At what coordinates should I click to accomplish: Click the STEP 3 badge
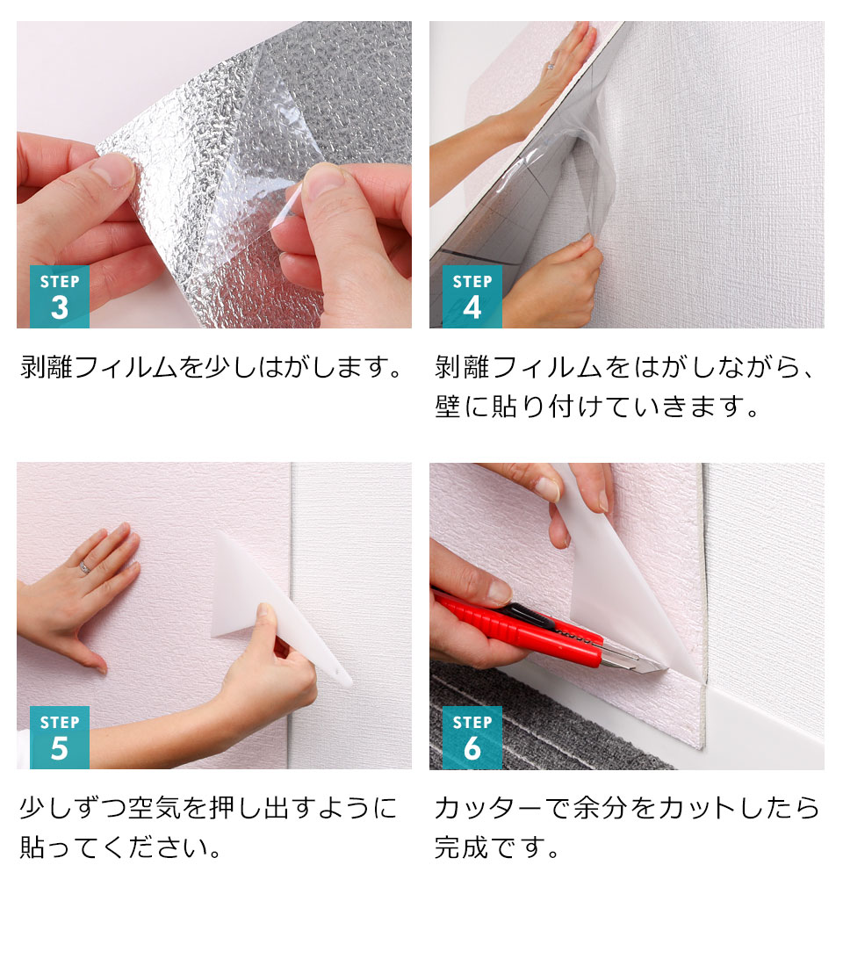pyautogui.click(x=59, y=296)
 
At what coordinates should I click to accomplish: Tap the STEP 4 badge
pyautogui.click(x=472, y=296)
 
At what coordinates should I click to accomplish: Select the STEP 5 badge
pyautogui.click(x=59, y=737)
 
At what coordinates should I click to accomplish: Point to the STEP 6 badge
pyautogui.click(x=472, y=737)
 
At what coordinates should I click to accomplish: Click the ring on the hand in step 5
pyautogui.click(x=84, y=567)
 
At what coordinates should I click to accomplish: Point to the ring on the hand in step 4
pyautogui.click(x=551, y=65)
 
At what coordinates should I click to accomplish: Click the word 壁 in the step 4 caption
pyautogui.click(x=448, y=407)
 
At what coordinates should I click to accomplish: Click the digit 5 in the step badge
pyautogui.click(x=59, y=749)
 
